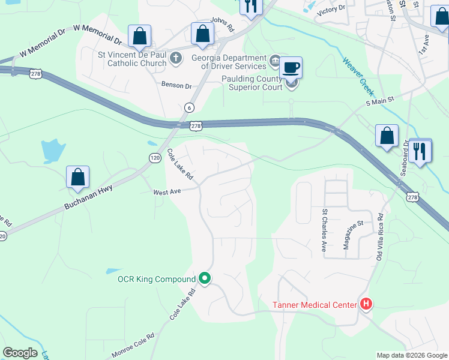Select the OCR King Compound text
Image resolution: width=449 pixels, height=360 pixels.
(x=157, y=280)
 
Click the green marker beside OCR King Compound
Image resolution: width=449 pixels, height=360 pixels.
(x=205, y=279)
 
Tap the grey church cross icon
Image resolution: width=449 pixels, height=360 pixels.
(x=176, y=58)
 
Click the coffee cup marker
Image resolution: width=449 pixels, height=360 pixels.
(x=291, y=67)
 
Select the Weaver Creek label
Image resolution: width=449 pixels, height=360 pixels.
(x=358, y=77)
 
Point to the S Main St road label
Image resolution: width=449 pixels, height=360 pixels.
(x=379, y=101)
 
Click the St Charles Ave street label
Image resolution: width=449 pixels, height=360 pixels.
(x=324, y=229)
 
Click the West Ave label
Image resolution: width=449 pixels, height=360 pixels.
(x=167, y=192)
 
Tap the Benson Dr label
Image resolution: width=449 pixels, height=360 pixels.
(x=175, y=85)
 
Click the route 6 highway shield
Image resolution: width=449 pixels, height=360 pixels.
(x=189, y=107)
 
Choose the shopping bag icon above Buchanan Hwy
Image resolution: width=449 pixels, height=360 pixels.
(x=78, y=177)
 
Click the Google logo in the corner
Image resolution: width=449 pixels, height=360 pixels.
(x=20, y=353)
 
